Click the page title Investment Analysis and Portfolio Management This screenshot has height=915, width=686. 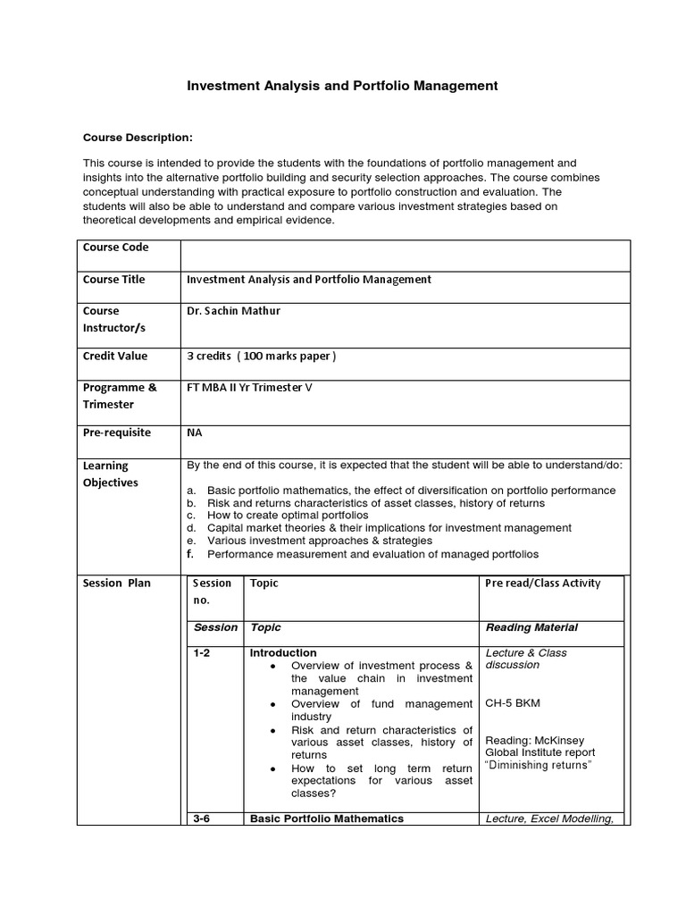341,87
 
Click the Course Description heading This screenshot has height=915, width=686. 138,138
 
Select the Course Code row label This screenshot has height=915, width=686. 116,248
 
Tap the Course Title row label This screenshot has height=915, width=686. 114,280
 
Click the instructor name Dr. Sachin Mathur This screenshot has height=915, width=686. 234,312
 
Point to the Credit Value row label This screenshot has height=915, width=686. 116,357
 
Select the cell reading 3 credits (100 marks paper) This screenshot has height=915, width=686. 261,357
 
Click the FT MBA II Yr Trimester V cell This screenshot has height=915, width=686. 250,388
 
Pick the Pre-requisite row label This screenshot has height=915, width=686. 117,433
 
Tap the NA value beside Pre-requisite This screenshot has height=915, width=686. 194,433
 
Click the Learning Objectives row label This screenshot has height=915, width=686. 111,474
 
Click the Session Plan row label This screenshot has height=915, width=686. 117,583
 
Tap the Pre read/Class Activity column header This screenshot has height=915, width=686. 542,583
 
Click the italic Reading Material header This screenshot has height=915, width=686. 531,628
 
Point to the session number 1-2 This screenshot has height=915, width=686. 203,653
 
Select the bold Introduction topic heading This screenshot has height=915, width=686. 283,653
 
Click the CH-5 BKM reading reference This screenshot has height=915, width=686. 513,703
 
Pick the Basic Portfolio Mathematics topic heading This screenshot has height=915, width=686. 327,818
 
